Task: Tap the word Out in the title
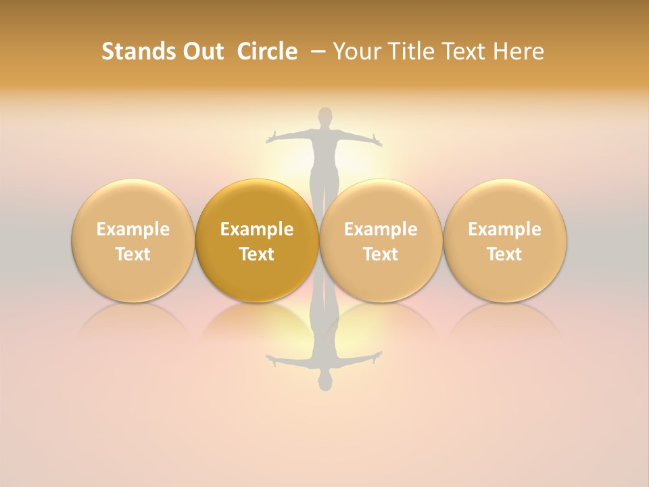[201, 51]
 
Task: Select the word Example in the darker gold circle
[257, 229]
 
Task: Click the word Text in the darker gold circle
[257, 254]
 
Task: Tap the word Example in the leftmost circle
[133, 229]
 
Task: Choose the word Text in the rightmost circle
[504, 254]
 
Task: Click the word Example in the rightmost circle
[504, 229]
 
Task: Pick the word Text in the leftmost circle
[133, 254]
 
